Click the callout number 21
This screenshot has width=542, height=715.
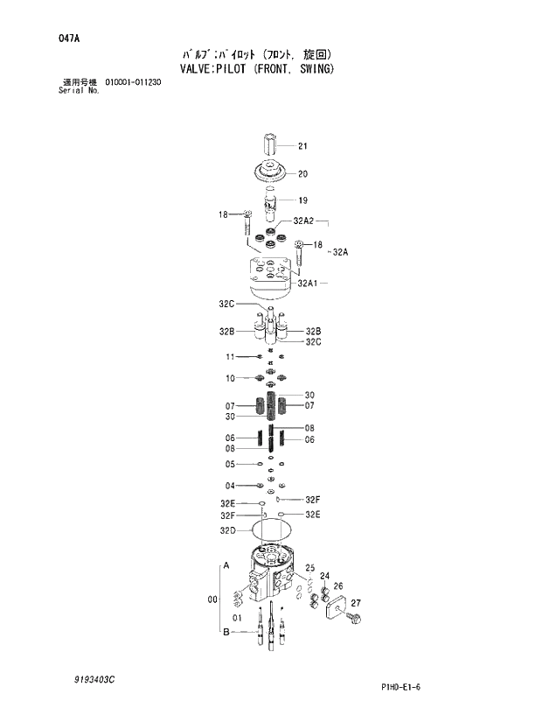tap(302, 146)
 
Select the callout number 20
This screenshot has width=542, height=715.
tap(302, 173)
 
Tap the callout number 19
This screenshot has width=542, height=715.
tap(302, 200)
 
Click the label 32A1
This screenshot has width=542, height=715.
tap(307, 283)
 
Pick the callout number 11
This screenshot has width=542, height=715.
tap(231, 356)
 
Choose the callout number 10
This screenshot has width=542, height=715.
tap(231, 379)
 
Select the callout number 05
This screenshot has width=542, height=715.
tap(231, 464)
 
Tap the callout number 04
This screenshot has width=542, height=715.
tap(231, 486)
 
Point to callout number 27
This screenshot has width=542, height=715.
tap(356, 603)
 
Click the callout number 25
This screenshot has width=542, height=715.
tap(309, 568)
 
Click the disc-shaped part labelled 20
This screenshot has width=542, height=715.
tap(272, 172)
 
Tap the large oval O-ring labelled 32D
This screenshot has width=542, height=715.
tap(272, 529)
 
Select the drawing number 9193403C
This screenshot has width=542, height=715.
tap(93, 678)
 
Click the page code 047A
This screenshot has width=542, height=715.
tap(70, 39)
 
